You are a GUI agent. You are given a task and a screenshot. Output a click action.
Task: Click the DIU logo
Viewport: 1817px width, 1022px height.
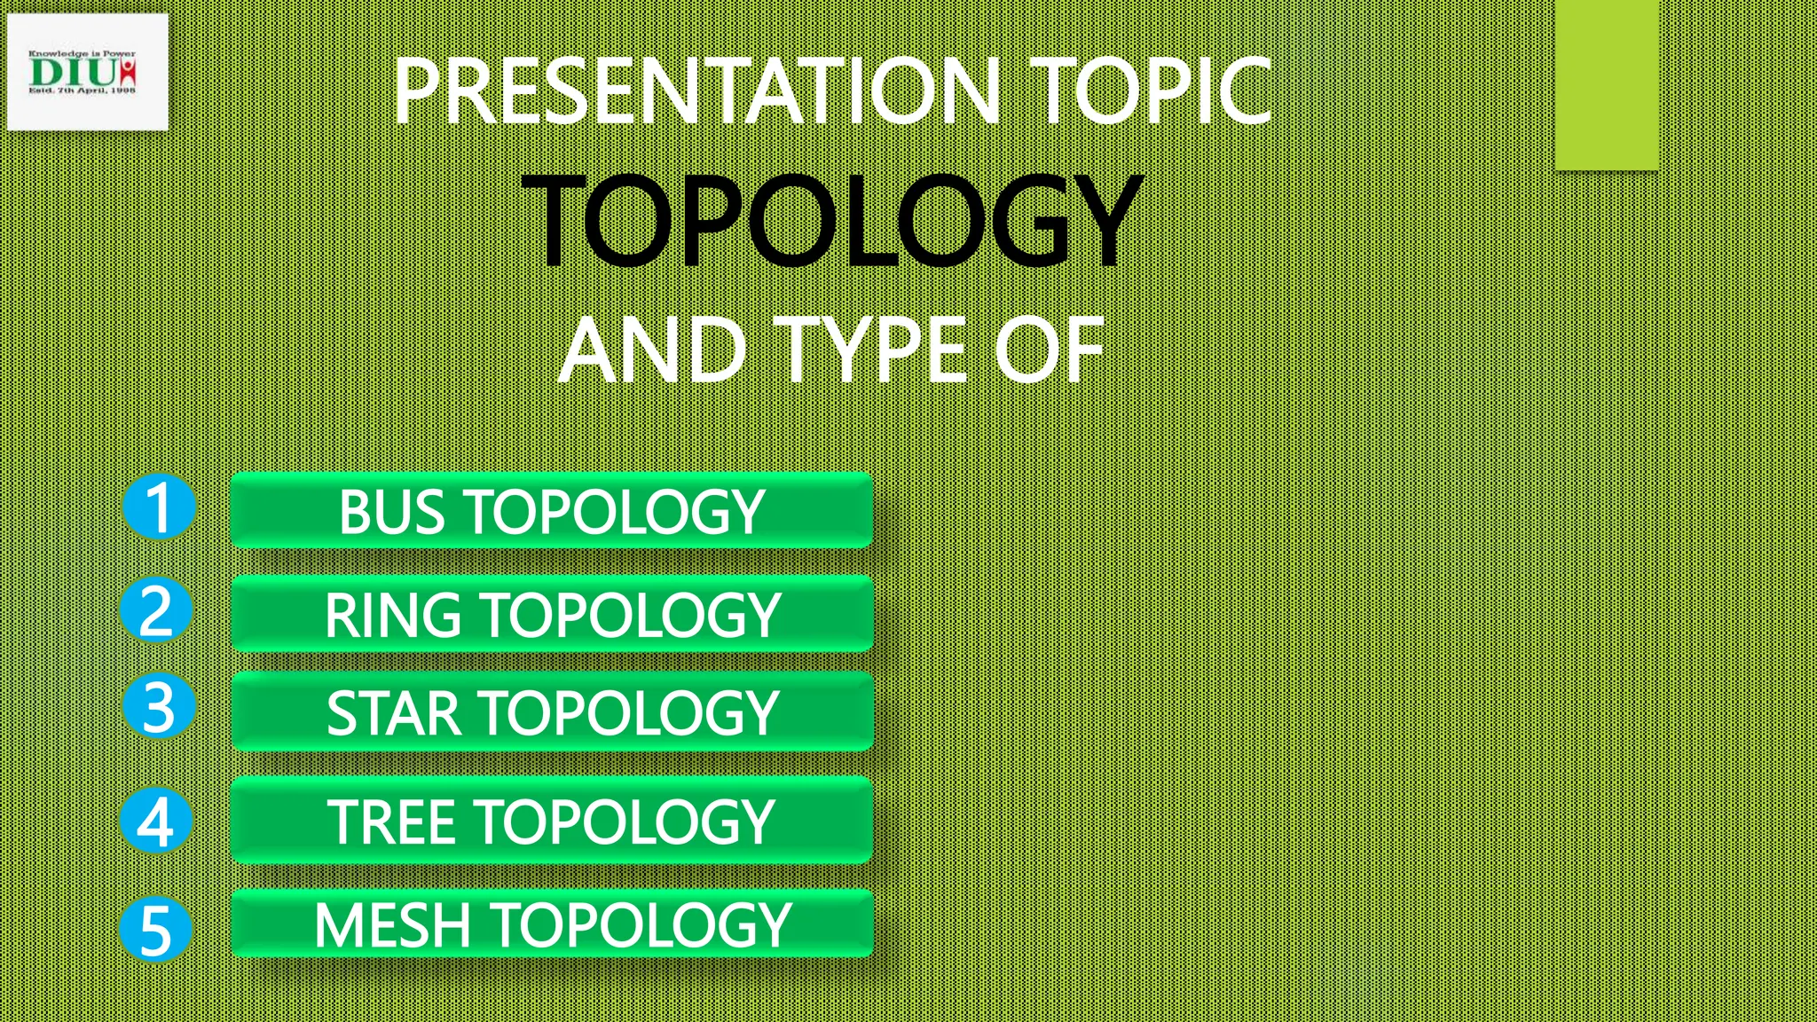tap(86, 72)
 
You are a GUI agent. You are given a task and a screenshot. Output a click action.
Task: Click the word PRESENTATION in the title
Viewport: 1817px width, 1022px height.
tap(697, 90)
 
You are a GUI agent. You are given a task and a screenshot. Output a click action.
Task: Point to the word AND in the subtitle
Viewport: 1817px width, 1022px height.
tap(652, 351)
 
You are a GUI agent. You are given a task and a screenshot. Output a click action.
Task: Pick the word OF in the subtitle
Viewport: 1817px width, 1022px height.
tap(1050, 351)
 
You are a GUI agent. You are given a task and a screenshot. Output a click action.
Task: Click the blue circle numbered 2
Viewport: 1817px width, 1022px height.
tap(157, 610)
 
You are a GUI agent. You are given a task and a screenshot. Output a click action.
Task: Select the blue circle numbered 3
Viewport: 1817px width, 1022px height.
tap(158, 707)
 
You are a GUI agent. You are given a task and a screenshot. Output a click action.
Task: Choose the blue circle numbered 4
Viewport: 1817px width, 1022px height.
tap(156, 821)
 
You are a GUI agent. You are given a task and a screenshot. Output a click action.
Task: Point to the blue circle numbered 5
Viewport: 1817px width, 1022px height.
tap(155, 929)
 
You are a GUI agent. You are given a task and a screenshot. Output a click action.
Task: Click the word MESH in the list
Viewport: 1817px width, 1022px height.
tap(392, 925)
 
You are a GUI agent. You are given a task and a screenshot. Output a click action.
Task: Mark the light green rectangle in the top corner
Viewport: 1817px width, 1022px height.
tap(1607, 84)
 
